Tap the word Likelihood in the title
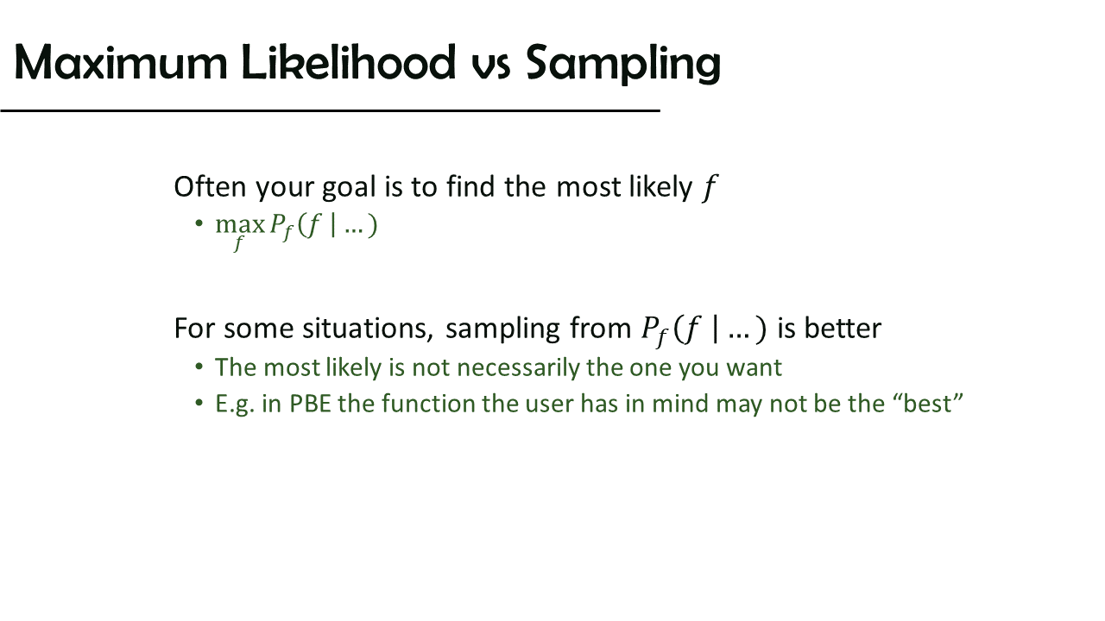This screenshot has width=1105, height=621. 349,62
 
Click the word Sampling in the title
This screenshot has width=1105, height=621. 623,64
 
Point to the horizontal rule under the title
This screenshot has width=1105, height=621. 330,111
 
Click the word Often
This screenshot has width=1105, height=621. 210,187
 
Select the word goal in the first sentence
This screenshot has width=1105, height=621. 349,190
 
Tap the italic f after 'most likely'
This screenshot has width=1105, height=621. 710,188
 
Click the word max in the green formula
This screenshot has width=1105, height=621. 240,225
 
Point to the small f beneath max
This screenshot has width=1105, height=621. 239,243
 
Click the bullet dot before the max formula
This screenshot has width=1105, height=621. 199,224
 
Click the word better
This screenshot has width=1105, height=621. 843,329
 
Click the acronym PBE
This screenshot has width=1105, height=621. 310,404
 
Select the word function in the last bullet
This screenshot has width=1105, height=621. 427,404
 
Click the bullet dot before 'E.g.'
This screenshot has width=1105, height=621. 199,403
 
